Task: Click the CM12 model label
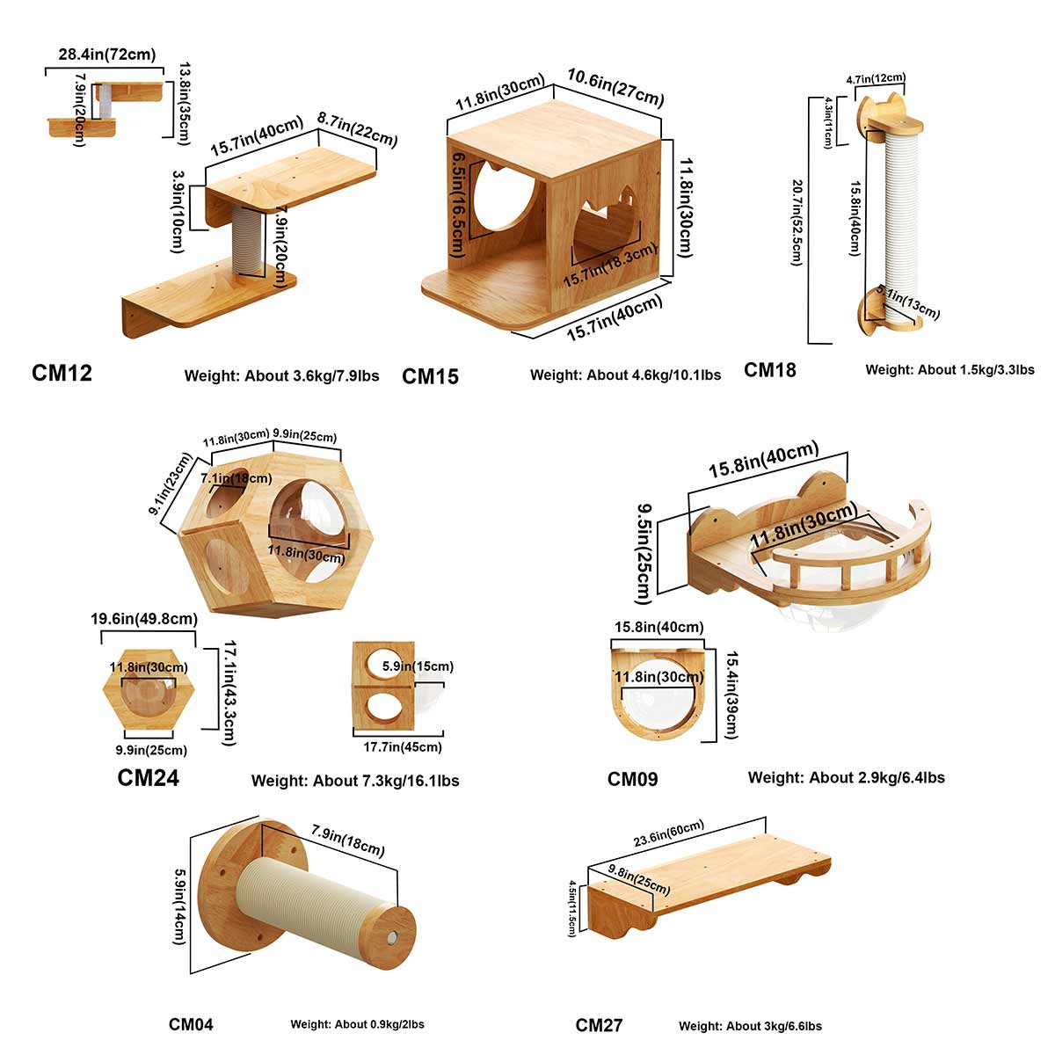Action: pos(62,374)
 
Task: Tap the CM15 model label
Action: pos(430,377)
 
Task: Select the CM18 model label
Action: pos(770,370)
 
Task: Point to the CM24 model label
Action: pos(148,778)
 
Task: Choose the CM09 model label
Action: pos(632,779)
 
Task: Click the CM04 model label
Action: pos(191,1024)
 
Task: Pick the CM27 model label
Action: pos(599,1025)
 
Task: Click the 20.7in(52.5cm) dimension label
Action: pos(797,222)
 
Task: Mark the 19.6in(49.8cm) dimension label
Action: pos(144,619)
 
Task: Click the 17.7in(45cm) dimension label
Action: pos(403,747)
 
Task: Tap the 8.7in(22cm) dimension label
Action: pos(357,128)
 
